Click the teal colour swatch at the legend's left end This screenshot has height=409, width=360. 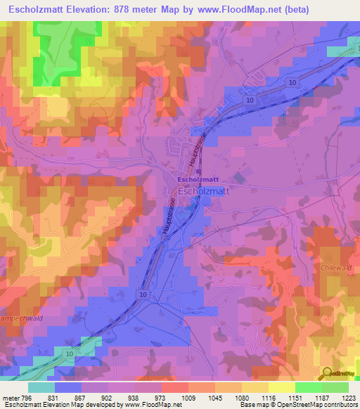[41, 387]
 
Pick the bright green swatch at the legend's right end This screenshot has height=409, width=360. [335, 387]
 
